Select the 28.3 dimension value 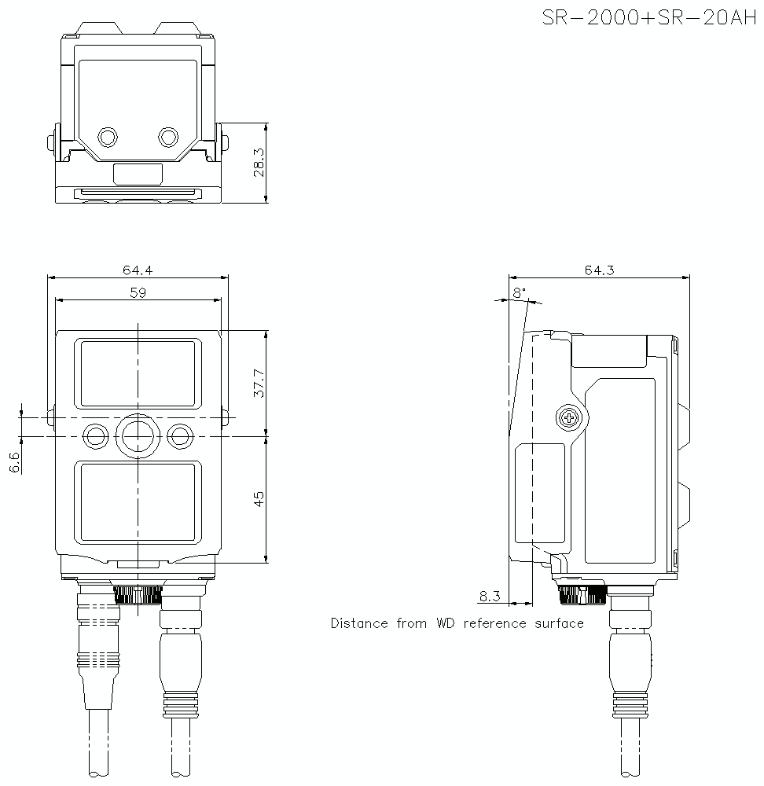click(x=258, y=163)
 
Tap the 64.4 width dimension click(x=137, y=270)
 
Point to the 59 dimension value click(x=138, y=292)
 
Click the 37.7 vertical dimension click(x=259, y=382)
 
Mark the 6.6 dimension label click(x=14, y=462)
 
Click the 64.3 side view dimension click(x=599, y=270)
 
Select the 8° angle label click(x=519, y=292)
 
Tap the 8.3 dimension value click(x=490, y=597)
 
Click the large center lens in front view click(x=138, y=434)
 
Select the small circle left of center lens click(x=96, y=435)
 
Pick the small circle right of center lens click(x=180, y=435)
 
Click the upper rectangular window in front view click(x=138, y=373)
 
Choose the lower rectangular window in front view click(x=138, y=502)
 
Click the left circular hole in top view click(x=108, y=138)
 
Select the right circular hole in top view click(x=167, y=138)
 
